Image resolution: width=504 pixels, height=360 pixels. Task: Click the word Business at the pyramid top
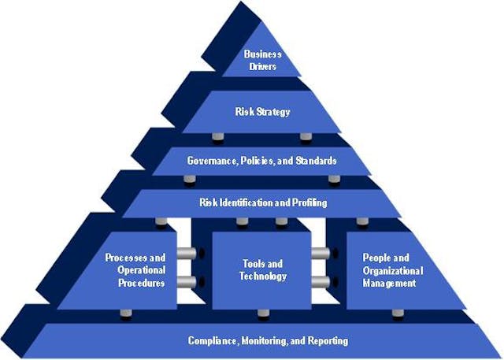(262, 54)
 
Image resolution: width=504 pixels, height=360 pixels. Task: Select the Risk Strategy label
(262, 112)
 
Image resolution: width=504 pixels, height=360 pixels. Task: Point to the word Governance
(213, 161)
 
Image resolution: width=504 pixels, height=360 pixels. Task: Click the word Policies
(258, 161)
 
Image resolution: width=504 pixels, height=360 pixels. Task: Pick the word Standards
(314, 161)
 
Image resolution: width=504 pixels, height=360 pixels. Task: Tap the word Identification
(244, 203)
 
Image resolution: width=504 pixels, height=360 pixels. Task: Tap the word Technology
(263, 276)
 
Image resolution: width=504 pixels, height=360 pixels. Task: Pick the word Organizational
(392, 270)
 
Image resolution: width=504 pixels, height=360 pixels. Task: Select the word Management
(388, 283)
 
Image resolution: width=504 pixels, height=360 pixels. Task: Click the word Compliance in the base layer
(215, 341)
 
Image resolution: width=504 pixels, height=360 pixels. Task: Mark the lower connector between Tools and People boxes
(321, 282)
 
